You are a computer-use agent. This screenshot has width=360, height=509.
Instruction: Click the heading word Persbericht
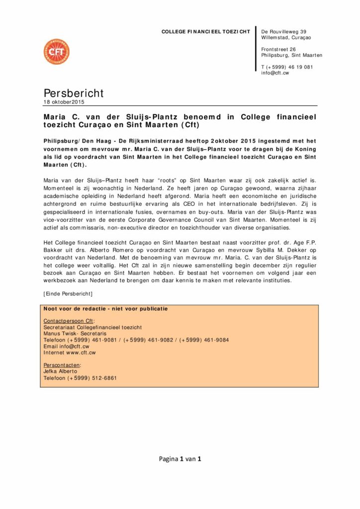[74, 93]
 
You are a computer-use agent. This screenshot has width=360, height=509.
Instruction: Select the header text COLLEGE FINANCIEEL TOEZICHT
[205, 32]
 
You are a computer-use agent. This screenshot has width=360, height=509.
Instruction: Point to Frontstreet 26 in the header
[278, 49]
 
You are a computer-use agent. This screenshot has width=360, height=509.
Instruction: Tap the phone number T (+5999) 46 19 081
[287, 67]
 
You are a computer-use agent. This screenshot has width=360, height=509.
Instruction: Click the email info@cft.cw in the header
[275, 73]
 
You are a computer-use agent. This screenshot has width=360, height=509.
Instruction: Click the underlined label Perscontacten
[62, 365]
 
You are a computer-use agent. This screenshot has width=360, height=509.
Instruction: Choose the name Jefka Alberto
[60, 371]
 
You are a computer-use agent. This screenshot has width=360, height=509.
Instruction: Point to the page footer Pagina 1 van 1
[180, 459]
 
